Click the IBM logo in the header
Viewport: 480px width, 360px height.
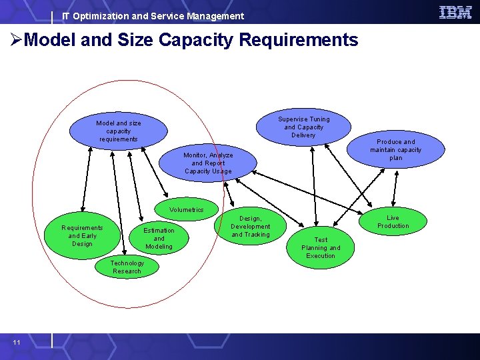[455, 12]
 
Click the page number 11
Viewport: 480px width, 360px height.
[17, 343]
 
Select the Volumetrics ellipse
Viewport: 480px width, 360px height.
[186, 210]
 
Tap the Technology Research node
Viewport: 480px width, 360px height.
[127, 267]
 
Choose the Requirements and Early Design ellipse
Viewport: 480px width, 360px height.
[81, 236]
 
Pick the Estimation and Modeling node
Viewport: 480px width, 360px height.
[159, 239]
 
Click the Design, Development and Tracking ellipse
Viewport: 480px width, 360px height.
[251, 227]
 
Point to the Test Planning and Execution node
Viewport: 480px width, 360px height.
[321, 248]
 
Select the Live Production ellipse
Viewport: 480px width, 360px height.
[393, 222]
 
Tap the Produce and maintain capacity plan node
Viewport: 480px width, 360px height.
[396, 150]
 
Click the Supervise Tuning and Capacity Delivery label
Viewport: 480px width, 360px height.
[304, 127]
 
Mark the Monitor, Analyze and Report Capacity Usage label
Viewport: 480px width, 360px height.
[208, 163]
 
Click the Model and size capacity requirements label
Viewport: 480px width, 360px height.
[119, 131]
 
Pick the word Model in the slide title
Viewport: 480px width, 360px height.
[51, 40]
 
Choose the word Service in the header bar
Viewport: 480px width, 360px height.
[164, 16]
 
